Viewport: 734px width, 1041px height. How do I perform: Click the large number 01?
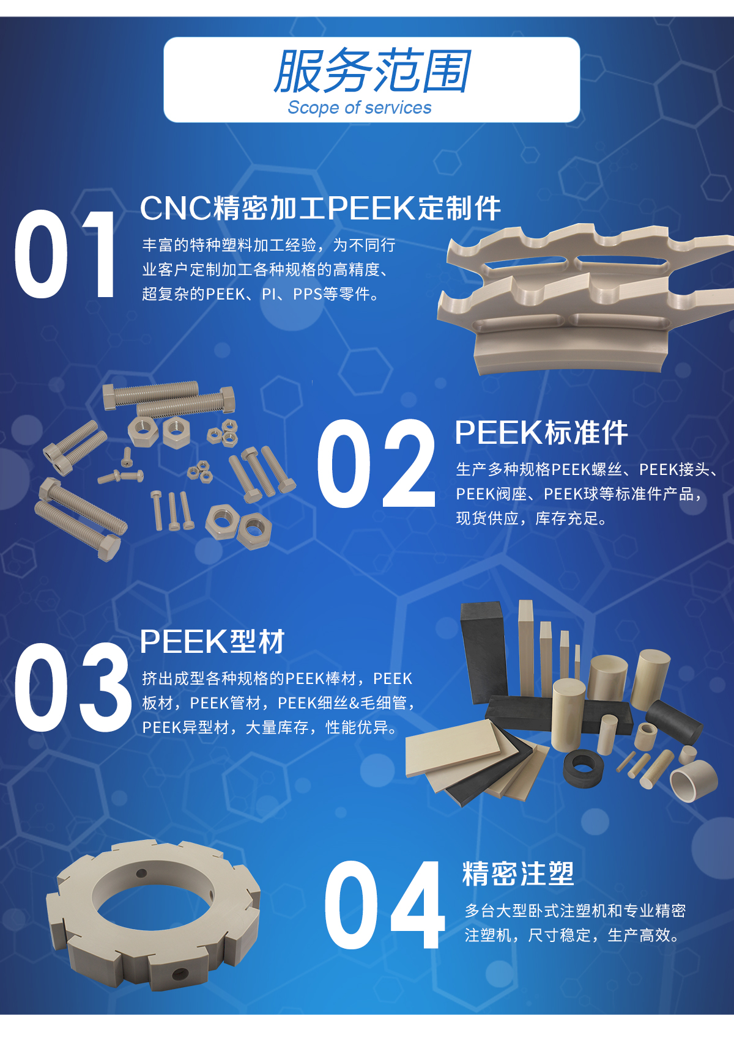(x=65, y=254)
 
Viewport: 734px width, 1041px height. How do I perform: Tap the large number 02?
(x=376, y=463)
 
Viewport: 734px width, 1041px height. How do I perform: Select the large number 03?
(x=73, y=688)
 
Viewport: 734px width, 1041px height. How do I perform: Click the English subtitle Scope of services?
(x=360, y=108)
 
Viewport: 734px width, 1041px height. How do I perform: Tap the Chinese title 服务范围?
(x=372, y=71)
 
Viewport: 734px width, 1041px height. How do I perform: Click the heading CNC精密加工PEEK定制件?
(x=320, y=208)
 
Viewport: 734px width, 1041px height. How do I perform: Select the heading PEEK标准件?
(x=541, y=433)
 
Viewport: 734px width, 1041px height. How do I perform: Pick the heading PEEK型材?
(x=212, y=642)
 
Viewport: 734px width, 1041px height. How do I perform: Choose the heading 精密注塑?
(x=518, y=874)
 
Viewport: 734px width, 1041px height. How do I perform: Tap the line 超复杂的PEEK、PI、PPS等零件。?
(x=261, y=293)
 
